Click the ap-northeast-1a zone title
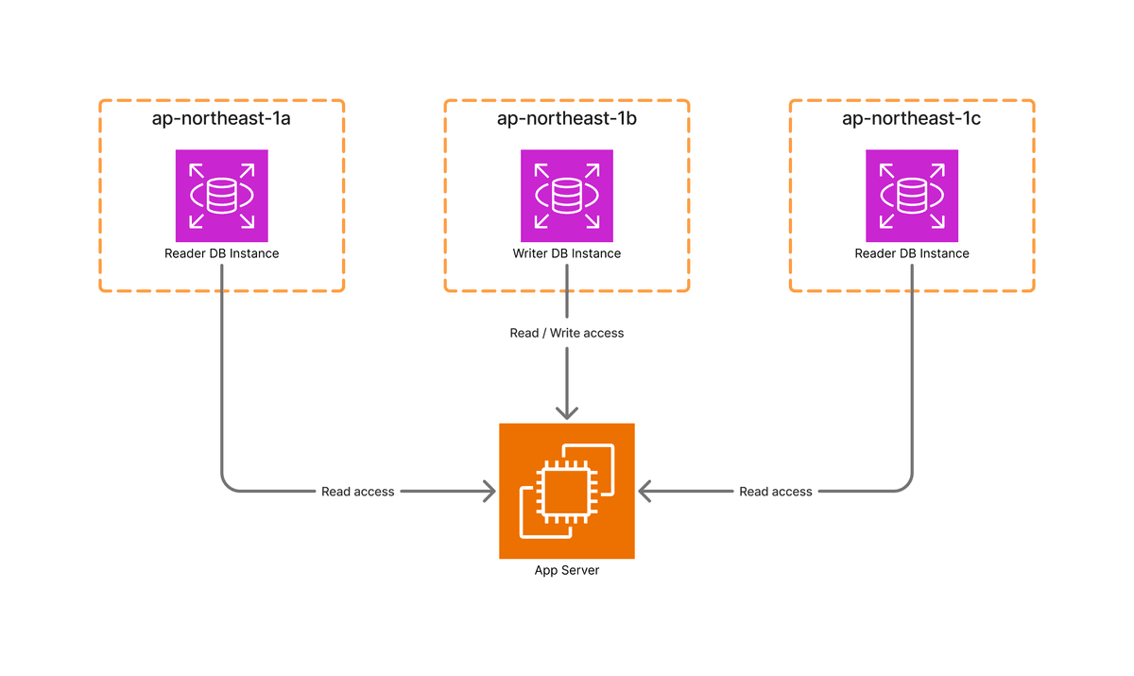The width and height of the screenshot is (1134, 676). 221,119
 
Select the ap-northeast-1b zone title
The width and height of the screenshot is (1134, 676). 567,119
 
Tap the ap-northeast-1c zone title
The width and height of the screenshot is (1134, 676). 912,119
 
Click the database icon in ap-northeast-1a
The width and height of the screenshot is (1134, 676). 222,196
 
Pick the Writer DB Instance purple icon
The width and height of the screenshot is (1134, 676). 567,196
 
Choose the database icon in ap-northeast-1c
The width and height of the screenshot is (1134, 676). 912,196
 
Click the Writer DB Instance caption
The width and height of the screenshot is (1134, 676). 567,253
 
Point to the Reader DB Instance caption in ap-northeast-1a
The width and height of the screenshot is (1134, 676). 222,253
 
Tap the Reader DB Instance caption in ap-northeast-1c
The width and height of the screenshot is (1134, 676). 912,253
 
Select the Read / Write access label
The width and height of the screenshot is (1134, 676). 567,333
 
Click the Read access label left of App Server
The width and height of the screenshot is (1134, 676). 358,492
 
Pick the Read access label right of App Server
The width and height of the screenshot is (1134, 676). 776,492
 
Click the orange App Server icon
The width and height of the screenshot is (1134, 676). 567,491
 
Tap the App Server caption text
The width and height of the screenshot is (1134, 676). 567,570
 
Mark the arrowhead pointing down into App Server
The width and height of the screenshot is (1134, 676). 567,413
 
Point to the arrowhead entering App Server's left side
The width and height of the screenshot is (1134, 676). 490,492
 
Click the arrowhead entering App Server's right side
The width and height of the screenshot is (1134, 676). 644,492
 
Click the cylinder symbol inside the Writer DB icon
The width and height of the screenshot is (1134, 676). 567,196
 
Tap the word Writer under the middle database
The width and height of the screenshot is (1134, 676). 529,253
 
